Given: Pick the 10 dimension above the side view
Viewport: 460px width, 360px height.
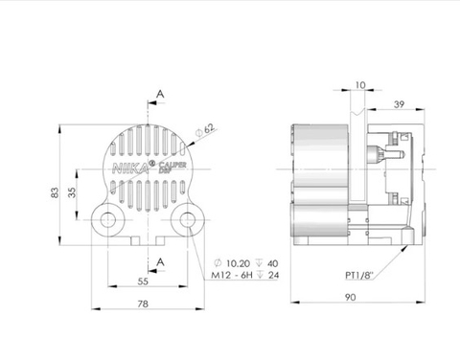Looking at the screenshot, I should click(x=358, y=86).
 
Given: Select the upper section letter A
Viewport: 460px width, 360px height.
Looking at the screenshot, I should click(x=161, y=95).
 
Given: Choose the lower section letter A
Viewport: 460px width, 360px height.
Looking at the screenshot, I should click(x=161, y=259).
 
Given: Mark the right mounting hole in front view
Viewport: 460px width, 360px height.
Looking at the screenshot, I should click(x=186, y=221).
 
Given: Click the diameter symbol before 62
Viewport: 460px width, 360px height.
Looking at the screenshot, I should click(x=197, y=129).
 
